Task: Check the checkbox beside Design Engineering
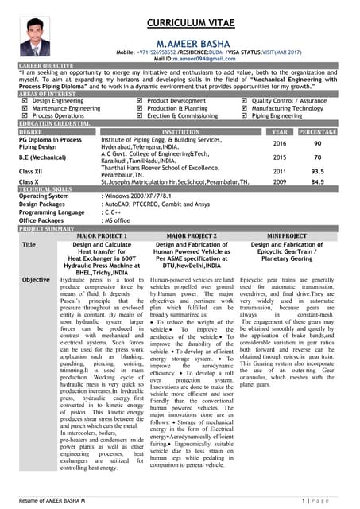coord(25,101)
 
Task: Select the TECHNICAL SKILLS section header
coord(47,188)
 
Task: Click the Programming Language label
coord(51,212)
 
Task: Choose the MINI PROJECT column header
coord(290,236)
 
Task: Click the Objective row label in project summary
coord(36,280)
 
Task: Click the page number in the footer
coord(319,499)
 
